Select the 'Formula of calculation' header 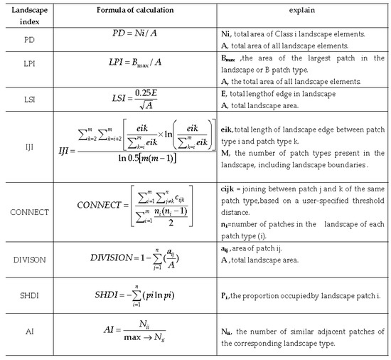point(128,10)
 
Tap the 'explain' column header point(302,10)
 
